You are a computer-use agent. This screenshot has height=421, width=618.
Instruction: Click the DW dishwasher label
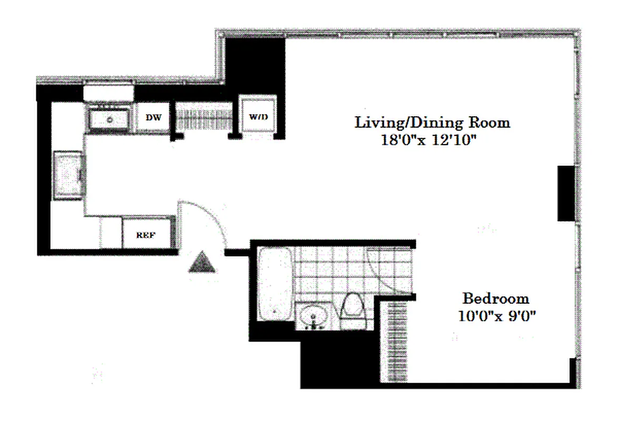154,117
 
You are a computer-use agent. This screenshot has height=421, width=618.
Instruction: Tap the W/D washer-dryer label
257,117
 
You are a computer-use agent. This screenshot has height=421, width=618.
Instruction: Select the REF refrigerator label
146,235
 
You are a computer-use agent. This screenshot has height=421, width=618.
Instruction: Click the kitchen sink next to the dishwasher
110,119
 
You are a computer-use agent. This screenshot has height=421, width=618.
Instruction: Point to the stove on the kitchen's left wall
69,175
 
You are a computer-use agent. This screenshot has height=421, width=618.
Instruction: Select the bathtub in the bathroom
275,284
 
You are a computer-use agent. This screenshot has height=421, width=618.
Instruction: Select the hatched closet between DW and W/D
203,117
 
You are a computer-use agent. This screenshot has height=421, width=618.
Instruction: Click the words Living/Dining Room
433,123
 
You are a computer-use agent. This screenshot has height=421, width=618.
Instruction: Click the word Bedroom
495,299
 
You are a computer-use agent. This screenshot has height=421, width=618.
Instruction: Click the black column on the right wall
566,193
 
